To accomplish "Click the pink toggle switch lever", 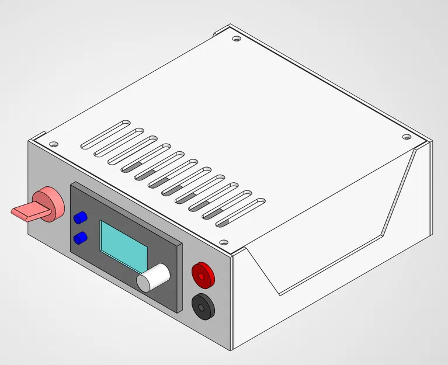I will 26,211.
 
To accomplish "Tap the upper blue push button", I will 80,218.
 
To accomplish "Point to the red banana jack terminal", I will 203,272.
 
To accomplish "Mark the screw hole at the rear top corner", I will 236,39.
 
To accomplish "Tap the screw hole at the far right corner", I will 407,137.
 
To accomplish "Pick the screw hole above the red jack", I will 222,241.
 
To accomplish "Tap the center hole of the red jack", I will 203,272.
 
